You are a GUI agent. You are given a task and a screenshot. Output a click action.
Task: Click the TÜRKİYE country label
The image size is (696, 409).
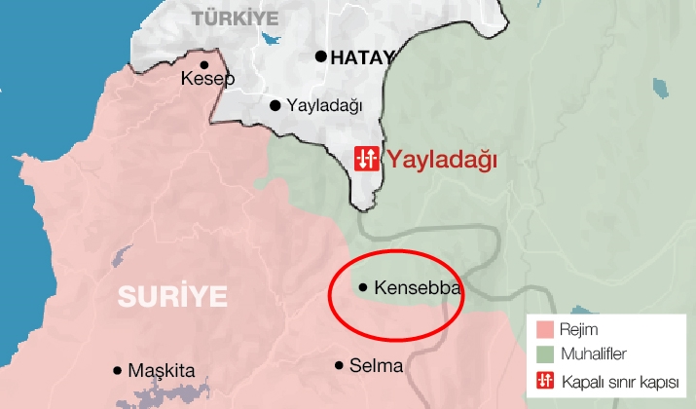click(235, 18)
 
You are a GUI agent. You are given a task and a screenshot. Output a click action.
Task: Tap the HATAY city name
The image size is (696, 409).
click(362, 57)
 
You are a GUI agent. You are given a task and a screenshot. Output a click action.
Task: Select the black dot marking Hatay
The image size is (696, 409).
click(320, 56)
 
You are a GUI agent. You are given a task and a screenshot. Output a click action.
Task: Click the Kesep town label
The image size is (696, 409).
click(208, 79)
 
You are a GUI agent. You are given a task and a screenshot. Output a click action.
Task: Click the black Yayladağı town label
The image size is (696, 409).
click(323, 105)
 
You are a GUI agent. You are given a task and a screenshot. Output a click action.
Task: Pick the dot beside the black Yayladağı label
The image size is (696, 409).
click(275, 105)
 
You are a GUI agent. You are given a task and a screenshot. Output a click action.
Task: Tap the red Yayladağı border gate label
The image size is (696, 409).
click(442, 159)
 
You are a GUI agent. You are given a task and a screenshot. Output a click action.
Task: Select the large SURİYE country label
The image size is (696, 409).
click(172, 296)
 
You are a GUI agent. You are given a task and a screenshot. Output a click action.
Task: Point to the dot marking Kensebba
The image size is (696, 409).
click(363, 287)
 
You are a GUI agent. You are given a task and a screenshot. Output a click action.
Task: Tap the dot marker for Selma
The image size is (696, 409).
click(339, 365)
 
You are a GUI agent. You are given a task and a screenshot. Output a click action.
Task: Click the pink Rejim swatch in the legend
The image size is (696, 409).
click(545, 329)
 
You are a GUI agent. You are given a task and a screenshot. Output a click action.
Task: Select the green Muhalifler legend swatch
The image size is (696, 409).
click(545, 353)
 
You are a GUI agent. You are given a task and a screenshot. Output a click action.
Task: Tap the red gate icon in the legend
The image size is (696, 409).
click(545, 379)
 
